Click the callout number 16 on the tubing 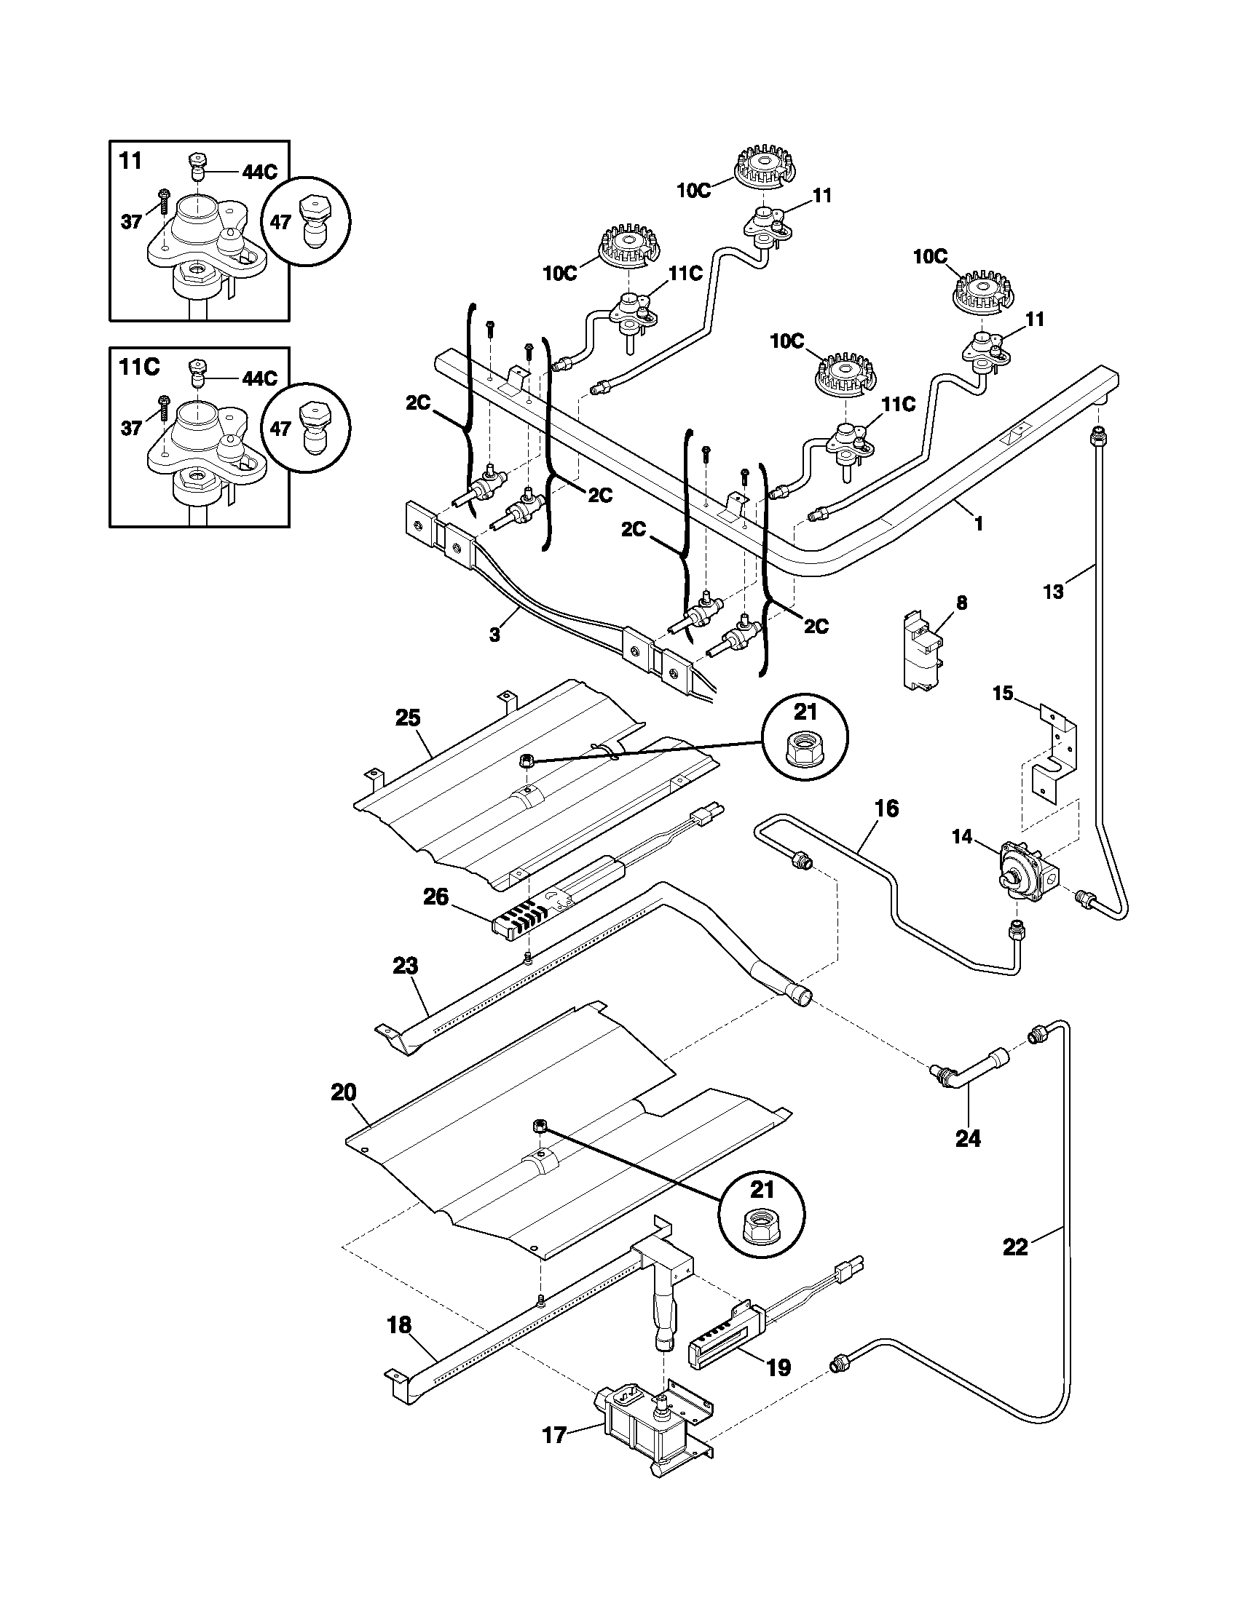[x=886, y=809]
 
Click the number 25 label [x=408, y=718]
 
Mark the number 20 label [x=343, y=1113]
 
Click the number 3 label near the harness [x=494, y=635]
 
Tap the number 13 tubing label [x=1053, y=592]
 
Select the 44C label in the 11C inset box [x=260, y=378]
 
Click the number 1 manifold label [x=978, y=525]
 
